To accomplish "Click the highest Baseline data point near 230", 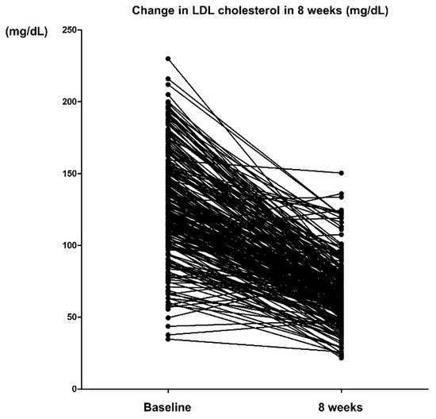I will pyautogui.click(x=168, y=59).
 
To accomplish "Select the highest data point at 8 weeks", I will pyautogui.click(x=342, y=173).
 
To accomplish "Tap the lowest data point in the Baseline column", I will pyautogui.click(x=168, y=339).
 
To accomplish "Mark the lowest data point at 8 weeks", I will pyautogui.click(x=342, y=358).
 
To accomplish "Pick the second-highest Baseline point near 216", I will pyautogui.click(x=168, y=79).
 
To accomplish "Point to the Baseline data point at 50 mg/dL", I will pyautogui.click(x=168, y=317).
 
